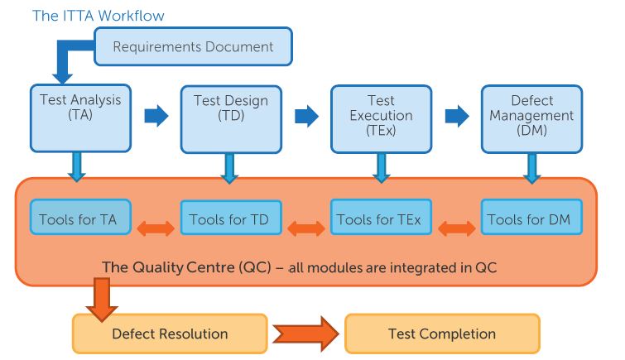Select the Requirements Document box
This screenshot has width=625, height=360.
[x=194, y=46]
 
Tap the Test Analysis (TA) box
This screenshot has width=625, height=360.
[x=80, y=117]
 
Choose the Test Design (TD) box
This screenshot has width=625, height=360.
[x=230, y=117]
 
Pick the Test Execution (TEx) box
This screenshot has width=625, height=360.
[x=381, y=117]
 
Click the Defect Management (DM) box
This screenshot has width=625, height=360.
[x=531, y=117]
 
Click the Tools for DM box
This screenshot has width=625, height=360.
[x=530, y=220]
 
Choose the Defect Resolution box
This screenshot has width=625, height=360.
[x=170, y=334]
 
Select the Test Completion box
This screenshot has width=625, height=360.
[x=442, y=334]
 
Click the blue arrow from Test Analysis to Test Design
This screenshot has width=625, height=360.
[x=156, y=116]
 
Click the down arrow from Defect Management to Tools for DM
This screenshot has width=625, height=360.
[x=531, y=167]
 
